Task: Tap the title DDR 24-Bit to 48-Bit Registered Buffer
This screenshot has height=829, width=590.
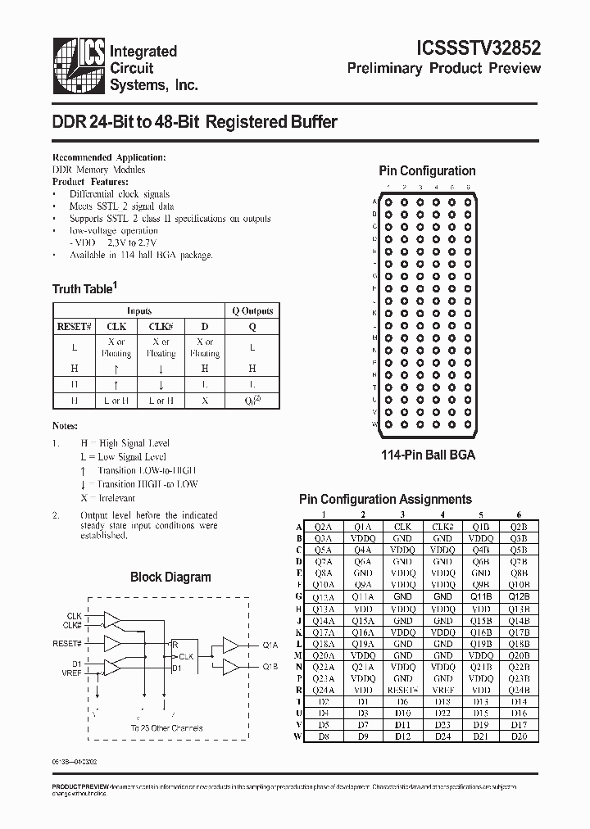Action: pos(195,122)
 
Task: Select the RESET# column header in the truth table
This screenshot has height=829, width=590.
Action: pos(71,326)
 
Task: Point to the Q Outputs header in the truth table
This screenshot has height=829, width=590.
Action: pos(252,310)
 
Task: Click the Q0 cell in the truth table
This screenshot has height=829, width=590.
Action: pos(252,400)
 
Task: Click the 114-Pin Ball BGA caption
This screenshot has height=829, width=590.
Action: pos(426,455)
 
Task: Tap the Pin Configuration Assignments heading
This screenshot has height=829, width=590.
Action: pos(385,499)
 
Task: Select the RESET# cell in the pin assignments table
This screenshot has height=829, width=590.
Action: pos(402,690)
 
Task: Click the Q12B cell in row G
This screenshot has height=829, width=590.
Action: pos(518,597)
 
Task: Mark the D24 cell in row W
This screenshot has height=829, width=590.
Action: pos(442,736)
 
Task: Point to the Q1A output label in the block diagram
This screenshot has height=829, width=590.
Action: pos(270,646)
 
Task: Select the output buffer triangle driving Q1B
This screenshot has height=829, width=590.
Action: pos(230,668)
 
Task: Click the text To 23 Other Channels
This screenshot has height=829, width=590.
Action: pos(166,727)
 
